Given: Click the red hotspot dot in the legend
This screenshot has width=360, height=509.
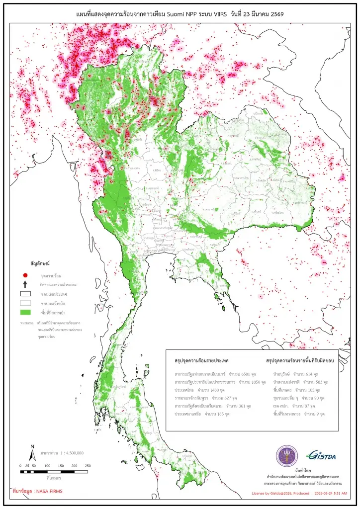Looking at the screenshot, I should (25, 275).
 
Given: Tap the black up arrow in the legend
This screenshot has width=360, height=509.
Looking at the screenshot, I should (25, 284).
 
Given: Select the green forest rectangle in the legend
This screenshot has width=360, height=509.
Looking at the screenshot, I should (25, 312).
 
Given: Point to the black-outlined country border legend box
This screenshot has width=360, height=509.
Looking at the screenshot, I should (25, 294).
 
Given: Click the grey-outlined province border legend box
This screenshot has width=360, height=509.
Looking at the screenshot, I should (25, 303).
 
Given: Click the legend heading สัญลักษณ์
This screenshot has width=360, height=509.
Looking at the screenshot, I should (42, 261).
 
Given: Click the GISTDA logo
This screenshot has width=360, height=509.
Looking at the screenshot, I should (321, 455).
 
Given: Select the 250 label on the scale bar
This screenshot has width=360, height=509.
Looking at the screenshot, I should (88, 466).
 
